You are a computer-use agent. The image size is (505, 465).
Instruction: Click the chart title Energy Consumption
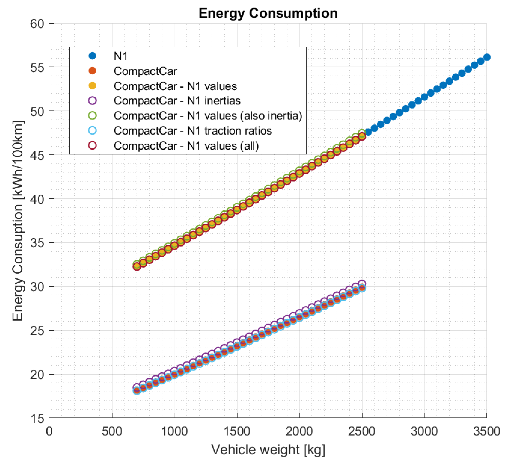268,13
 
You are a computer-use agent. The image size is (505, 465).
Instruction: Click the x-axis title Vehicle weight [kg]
268,450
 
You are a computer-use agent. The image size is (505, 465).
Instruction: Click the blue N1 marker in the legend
92,56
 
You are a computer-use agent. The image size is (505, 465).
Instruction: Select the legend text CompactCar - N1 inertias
177,101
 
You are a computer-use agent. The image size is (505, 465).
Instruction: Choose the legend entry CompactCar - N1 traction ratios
192,131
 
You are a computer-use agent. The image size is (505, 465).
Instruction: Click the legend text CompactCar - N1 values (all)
186,146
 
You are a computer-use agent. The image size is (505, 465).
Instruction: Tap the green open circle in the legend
92,115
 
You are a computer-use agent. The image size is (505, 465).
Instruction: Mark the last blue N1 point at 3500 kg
487,57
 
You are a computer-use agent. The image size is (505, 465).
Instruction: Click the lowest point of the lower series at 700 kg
137,391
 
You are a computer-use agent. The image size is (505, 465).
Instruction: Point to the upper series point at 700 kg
137,266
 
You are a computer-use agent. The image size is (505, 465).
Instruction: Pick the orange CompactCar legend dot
92,71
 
